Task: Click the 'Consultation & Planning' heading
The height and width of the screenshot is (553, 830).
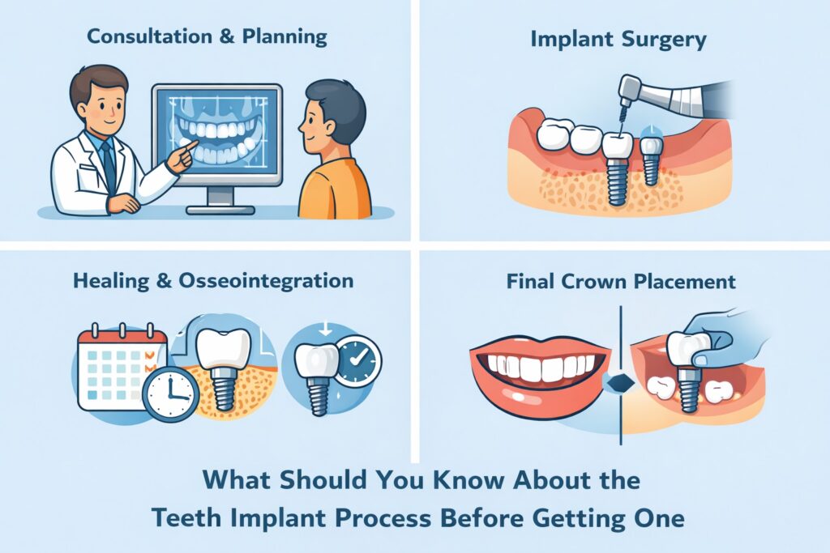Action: tap(207, 36)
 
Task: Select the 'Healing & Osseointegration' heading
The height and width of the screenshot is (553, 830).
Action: tap(212, 281)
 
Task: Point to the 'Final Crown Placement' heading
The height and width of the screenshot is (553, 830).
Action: tap(621, 282)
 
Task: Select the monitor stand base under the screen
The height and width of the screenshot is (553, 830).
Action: tap(216, 209)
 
